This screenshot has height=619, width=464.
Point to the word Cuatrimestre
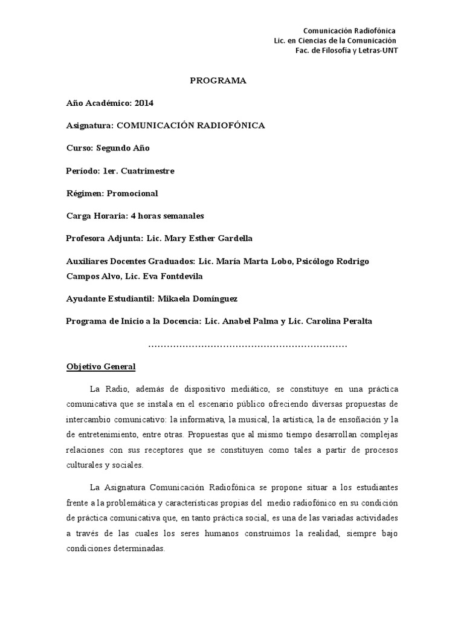coord(147,171)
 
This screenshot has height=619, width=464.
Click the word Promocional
coord(132,193)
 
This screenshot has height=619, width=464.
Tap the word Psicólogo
coord(318,261)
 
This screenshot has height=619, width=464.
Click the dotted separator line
coord(248,345)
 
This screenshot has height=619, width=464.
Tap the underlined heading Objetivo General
coord(101,367)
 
